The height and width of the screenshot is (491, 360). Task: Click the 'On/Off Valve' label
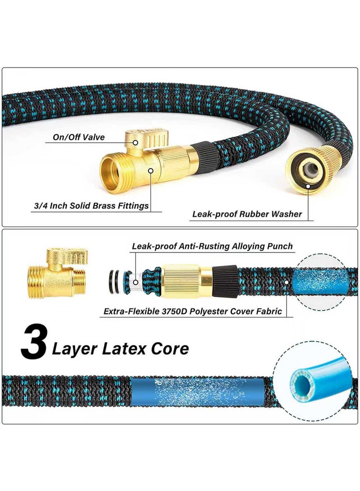[x=79, y=137]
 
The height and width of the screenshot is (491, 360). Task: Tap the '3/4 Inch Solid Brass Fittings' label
[x=91, y=206]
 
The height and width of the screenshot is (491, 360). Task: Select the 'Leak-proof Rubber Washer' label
[x=247, y=214]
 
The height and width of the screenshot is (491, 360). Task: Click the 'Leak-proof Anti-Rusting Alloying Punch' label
[x=212, y=246]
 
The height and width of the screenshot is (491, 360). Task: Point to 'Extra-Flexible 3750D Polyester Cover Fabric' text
[x=193, y=311]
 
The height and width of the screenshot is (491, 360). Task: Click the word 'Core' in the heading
[x=170, y=348]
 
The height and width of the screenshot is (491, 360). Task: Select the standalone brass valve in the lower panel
[x=57, y=272]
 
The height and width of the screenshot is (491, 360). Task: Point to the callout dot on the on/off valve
[x=135, y=143]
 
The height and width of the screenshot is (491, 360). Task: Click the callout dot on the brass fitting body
[x=151, y=171]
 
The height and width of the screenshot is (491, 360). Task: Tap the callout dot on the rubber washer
[x=308, y=186]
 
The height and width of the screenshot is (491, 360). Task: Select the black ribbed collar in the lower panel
[x=225, y=280]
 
